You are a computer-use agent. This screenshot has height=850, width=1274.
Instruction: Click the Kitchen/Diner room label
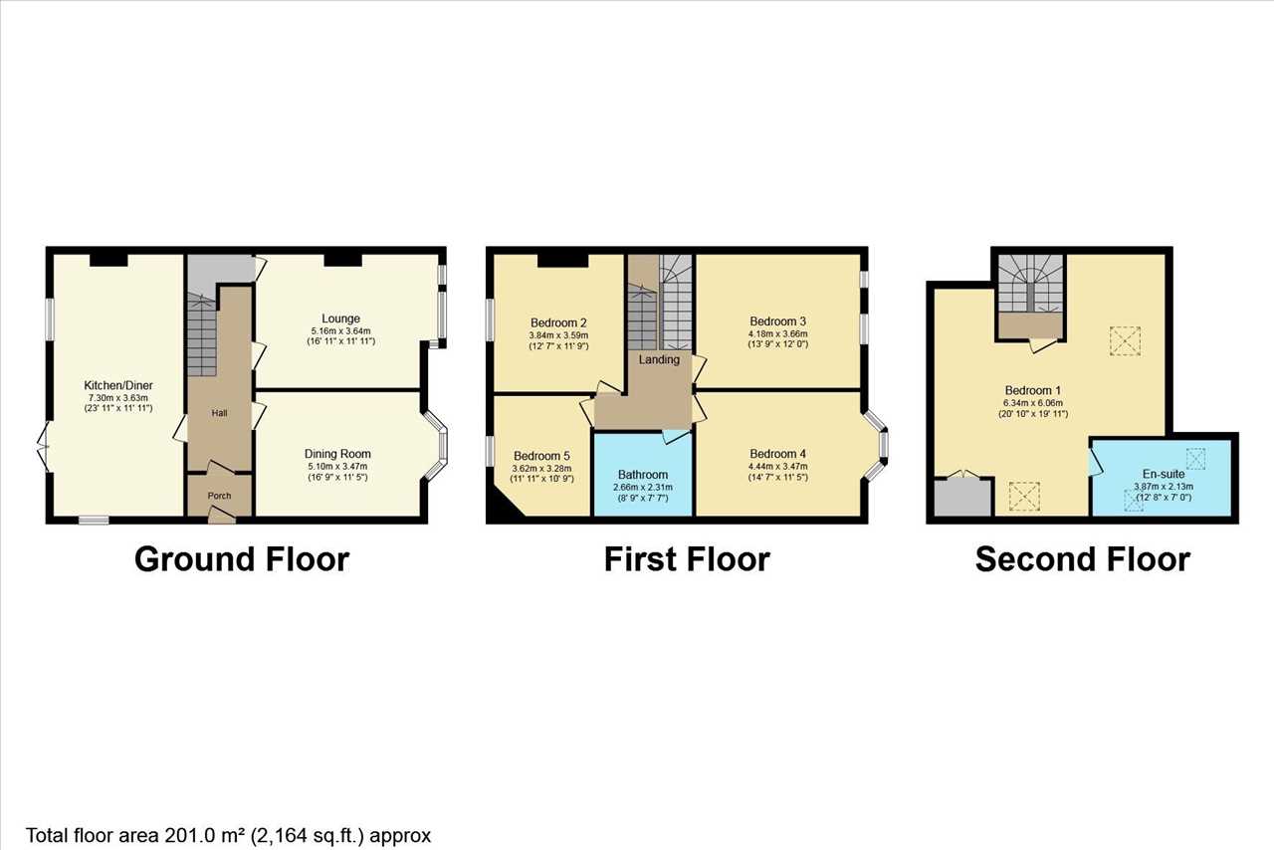tap(118, 385)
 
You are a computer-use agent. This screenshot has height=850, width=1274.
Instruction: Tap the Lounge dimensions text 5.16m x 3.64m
tap(340, 331)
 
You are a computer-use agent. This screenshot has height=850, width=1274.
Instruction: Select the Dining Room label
tap(337, 454)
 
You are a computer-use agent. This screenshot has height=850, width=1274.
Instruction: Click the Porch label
tap(220, 496)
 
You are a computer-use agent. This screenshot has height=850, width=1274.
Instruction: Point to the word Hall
tap(220, 413)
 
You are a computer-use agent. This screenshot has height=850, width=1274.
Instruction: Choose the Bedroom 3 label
tap(777, 321)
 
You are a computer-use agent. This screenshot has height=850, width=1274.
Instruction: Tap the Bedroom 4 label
tap(777, 454)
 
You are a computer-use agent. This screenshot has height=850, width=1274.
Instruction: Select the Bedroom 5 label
tap(541, 456)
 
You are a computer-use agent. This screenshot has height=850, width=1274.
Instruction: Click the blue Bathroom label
tap(643, 475)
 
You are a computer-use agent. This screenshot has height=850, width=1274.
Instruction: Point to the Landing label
tap(659, 359)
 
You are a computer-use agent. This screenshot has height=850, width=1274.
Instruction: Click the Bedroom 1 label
tap(1033, 391)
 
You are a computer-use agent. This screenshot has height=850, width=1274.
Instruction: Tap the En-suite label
tap(1164, 474)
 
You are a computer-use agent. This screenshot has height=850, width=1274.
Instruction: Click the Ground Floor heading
tap(242, 559)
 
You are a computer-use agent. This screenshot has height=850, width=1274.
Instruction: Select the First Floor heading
tap(687, 559)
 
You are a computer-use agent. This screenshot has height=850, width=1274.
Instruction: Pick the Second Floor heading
tap(1083, 559)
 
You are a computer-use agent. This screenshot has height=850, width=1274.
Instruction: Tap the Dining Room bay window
tap(438, 445)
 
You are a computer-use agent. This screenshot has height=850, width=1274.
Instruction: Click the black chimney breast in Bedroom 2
tap(563, 260)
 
